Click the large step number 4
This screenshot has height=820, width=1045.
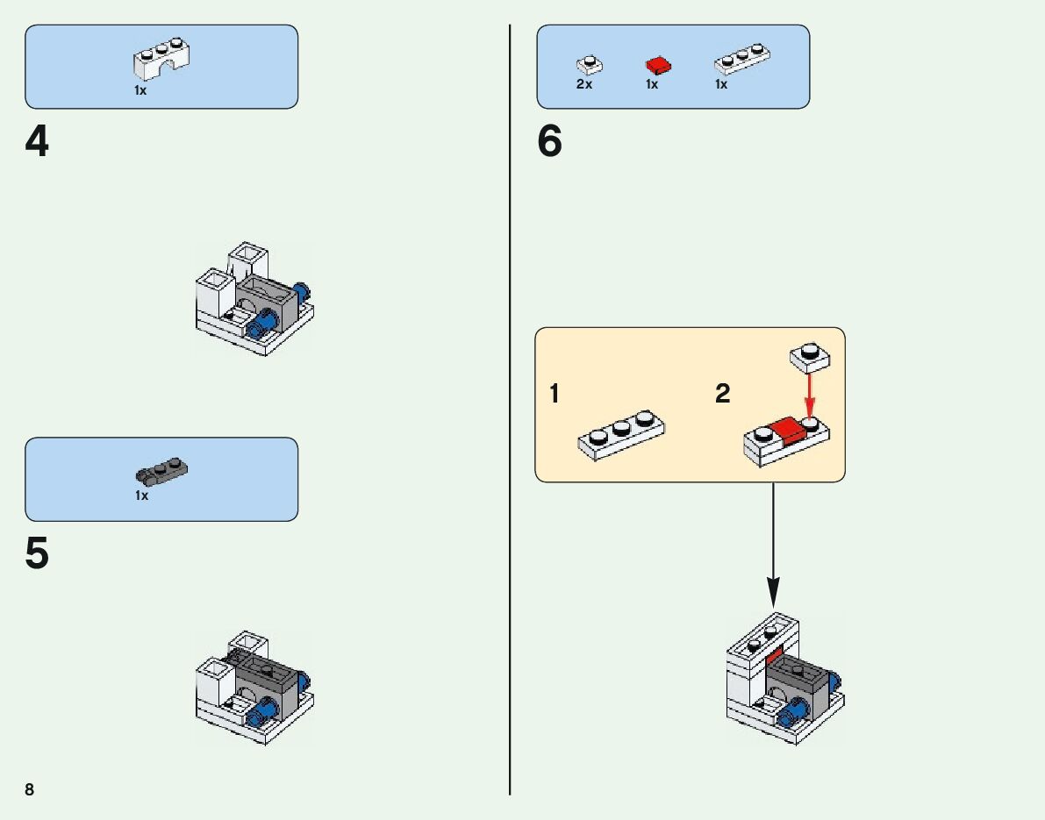coord(37,142)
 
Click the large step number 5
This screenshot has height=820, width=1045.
coord(37,554)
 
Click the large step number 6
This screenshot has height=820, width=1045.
coord(549,142)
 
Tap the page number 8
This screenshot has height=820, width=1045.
coord(30,790)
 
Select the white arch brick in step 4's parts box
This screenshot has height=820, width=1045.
coord(162,60)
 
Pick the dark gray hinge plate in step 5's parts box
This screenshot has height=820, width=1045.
coord(161,472)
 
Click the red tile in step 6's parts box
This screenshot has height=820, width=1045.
coord(658,66)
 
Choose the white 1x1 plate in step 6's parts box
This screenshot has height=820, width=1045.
coord(589,65)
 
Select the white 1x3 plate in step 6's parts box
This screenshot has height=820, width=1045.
coord(742,61)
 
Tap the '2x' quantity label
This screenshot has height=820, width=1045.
coord(584,85)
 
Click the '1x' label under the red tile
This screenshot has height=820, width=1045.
coord(652,85)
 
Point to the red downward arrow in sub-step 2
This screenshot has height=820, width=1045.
coord(810,391)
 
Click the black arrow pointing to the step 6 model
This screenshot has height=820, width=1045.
coord(773,544)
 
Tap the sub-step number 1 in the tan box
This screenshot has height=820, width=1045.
coord(555,395)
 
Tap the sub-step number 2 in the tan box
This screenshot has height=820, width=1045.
coord(722,395)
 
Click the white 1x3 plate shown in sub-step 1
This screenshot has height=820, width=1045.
coord(620,434)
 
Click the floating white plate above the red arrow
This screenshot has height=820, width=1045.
coord(810,354)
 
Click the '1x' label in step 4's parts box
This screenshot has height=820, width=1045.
coord(140,90)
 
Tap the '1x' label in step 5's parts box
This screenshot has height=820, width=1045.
coord(141,496)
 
